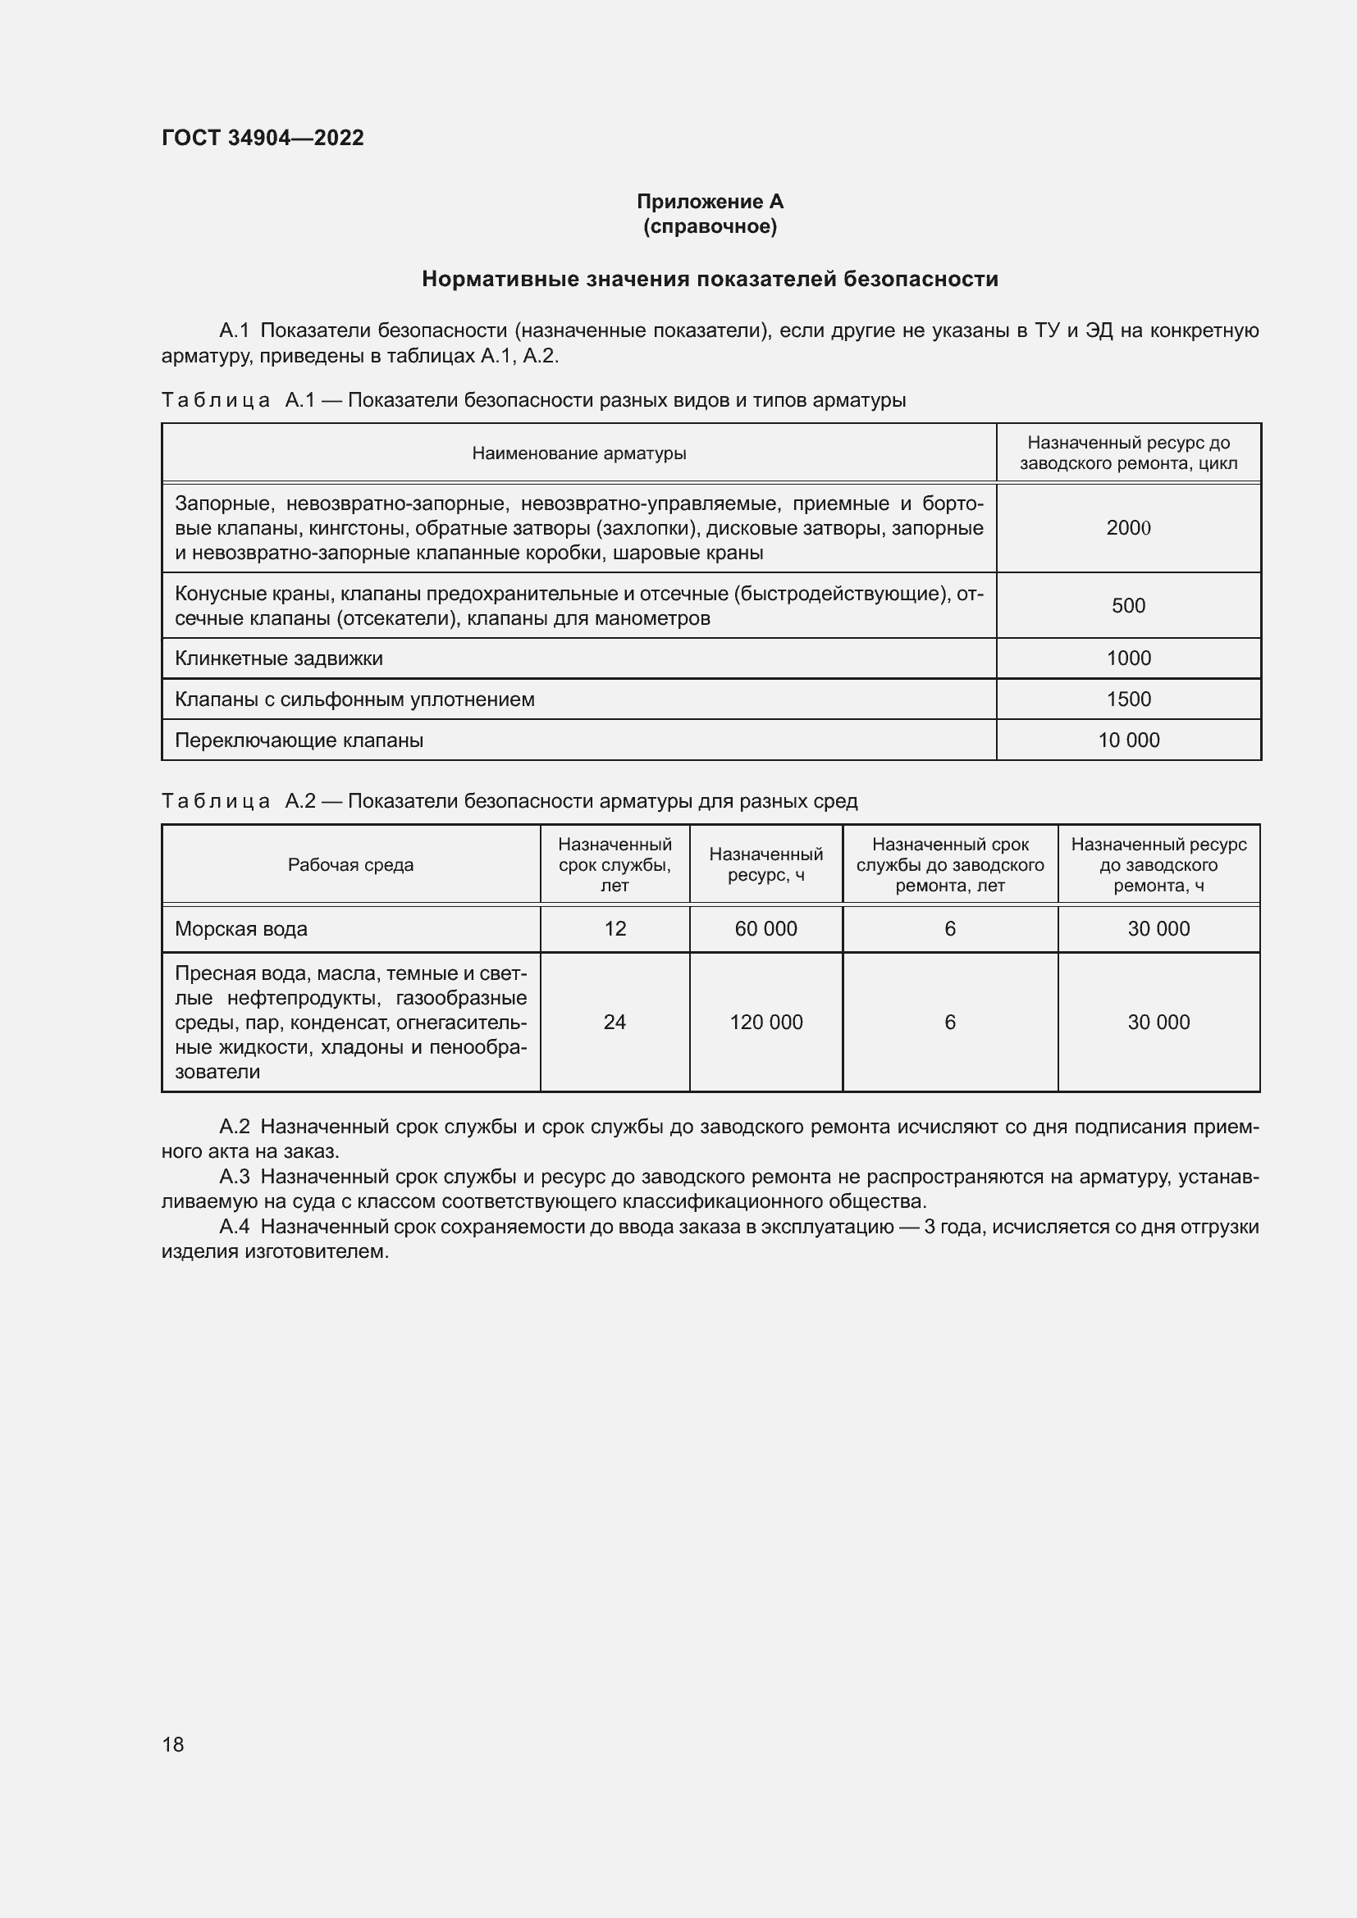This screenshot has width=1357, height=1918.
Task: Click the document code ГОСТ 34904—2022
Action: coord(263,138)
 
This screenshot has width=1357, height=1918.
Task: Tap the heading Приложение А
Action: coord(710,202)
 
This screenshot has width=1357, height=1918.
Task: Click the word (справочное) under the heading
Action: coord(710,226)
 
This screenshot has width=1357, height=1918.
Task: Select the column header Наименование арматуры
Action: coord(579,453)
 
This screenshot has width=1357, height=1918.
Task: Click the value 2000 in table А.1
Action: coord(1128,528)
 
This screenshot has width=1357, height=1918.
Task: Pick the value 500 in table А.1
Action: coord(1128,606)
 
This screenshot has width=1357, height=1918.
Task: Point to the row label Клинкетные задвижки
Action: coord(279,658)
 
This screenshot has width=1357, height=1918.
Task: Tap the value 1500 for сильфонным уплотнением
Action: coord(1128,699)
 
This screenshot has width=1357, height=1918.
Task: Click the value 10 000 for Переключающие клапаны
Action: coord(1128,740)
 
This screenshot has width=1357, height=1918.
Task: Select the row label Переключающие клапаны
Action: coord(299,740)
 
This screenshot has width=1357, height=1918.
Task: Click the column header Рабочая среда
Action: coord(351,865)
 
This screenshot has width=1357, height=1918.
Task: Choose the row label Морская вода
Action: coord(241,929)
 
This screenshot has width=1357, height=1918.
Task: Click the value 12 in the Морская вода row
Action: coord(615,929)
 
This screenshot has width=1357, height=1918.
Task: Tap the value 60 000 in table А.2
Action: coord(765,929)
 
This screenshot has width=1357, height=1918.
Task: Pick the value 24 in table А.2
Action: coord(615,1023)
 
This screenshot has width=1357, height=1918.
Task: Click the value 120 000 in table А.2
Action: coord(765,1023)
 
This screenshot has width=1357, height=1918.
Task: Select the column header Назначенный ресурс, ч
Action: coord(765,865)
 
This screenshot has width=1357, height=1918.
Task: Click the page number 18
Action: coord(173,1744)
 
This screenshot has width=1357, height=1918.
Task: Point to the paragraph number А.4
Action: coord(234,1228)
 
